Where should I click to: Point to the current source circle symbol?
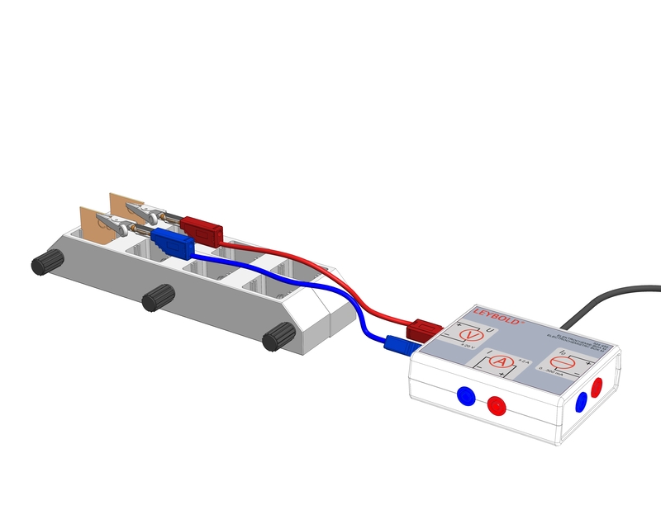point(569,361)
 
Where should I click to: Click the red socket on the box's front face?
point(497,405)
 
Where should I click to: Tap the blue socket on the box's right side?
point(582,401)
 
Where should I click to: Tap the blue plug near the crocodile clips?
point(170,242)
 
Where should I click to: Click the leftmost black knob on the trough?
point(47,263)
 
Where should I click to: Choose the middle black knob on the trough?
point(157,298)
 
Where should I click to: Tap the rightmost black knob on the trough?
point(279,337)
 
